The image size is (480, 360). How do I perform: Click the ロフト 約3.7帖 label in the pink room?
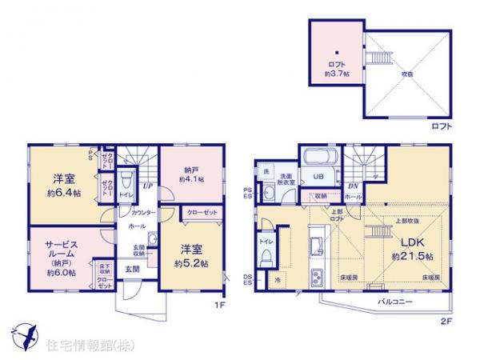335,68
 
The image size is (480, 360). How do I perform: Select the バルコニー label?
394,303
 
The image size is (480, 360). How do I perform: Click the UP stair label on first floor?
149,186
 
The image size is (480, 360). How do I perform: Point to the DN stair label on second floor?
353,186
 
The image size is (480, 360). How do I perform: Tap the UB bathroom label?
317,177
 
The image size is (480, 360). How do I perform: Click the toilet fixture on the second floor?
266,258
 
